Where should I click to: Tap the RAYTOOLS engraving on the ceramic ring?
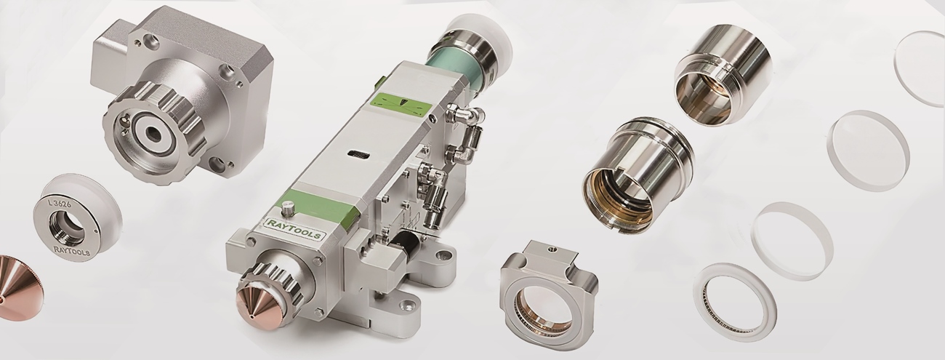[72, 249]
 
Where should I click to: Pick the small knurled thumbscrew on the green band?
[286, 208]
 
